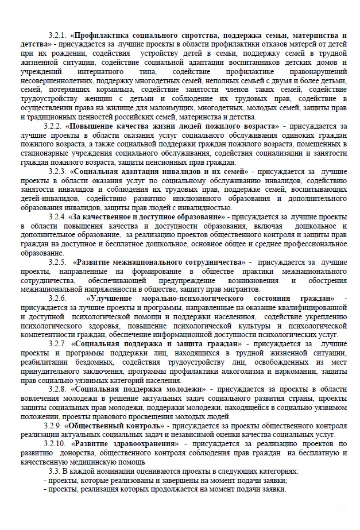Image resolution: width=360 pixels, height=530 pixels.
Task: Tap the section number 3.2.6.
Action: (x=58, y=299)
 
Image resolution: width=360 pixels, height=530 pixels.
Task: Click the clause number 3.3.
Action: (x=54, y=471)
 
